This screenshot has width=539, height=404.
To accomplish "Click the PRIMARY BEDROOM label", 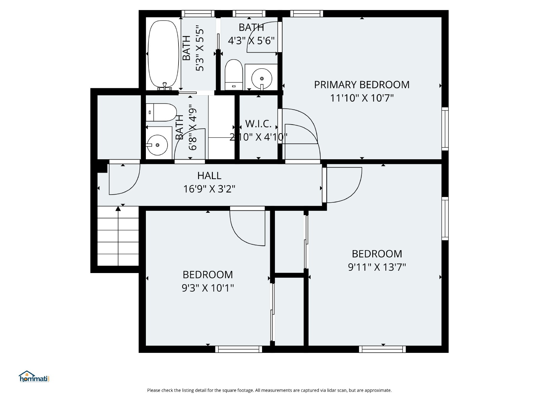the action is [362, 85].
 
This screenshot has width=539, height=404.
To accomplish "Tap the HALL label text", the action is [209, 176].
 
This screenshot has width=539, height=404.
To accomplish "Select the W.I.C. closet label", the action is [258, 124].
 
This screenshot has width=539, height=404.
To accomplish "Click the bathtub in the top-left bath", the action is [163, 55].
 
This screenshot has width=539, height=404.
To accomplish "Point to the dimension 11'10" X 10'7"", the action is [362, 98].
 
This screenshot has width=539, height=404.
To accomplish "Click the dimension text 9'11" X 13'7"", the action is [377, 267].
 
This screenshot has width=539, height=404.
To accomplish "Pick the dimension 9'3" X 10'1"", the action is [208, 288].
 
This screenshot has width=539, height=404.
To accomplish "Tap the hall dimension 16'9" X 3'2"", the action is [209, 189].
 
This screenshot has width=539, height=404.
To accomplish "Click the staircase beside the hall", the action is [118, 236].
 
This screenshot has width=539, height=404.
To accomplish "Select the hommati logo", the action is [34, 377].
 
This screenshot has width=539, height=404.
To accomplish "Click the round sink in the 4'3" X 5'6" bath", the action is [262, 78].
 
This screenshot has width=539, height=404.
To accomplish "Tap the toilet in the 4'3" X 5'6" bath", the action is [234, 74].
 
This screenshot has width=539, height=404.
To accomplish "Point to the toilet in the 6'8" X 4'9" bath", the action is [161, 112].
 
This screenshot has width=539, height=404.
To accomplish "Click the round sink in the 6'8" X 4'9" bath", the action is [157, 145].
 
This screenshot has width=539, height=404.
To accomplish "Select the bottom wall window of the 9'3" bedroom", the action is [239, 349].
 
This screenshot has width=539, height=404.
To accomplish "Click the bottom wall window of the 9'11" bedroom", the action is [382, 349].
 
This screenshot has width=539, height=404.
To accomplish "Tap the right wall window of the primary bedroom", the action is [445, 129].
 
